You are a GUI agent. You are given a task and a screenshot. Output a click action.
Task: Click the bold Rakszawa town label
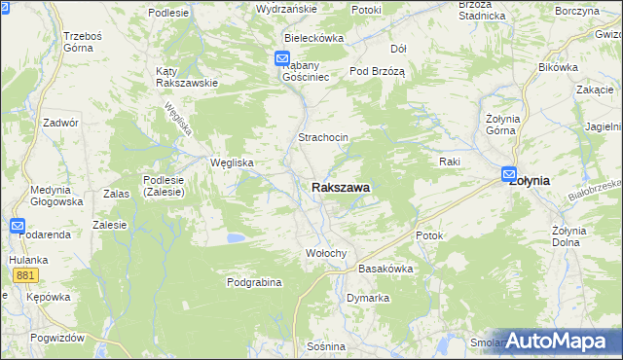[x=340, y=187]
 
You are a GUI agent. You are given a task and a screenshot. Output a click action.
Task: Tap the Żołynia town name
[x=530, y=180]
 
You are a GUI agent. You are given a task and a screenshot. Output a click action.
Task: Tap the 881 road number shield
[x=26, y=276]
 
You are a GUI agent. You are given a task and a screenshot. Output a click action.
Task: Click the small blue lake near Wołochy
[x=235, y=237]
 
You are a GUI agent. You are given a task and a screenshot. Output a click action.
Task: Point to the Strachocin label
[x=323, y=138]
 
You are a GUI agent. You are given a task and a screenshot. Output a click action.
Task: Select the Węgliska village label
[x=233, y=162]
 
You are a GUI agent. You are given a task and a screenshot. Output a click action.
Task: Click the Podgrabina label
[x=254, y=282]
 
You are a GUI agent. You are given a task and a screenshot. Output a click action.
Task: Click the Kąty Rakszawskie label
[x=186, y=77]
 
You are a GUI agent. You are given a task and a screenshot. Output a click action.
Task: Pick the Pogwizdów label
[x=57, y=337]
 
